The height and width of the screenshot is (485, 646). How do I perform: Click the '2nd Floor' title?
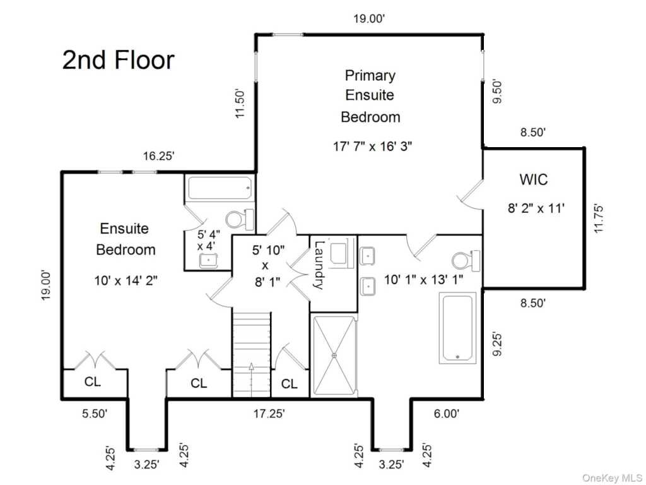[x=119, y=60]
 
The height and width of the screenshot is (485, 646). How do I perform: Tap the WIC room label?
[x=534, y=179]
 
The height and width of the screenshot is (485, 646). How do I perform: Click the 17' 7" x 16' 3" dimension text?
[x=372, y=146]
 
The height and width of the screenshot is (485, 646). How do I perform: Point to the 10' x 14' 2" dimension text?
[x=126, y=281]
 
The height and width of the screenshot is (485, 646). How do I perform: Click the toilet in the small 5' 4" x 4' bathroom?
[x=240, y=219]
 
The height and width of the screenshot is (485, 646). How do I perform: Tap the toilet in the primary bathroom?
[x=466, y=261]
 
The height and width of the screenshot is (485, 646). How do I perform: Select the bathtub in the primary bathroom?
[x=457, y=328]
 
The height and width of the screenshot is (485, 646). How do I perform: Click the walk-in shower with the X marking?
[x=334, y=356]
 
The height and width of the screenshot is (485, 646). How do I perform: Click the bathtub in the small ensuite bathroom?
[x=220, y=188]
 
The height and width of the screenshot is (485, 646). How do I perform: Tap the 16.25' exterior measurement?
[x=158, y=157]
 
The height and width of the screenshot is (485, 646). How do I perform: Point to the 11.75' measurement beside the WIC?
[x=599, y=218]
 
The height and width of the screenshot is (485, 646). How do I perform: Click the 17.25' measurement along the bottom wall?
[x=269, y=413]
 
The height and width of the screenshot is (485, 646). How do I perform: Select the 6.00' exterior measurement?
[x=447, y=413]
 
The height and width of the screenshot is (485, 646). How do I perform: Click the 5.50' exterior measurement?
[x=95, y=413]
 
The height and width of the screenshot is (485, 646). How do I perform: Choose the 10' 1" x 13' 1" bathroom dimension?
[x=423, y=280]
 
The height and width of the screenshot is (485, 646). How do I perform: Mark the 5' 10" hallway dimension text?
[x=268, y=250]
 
